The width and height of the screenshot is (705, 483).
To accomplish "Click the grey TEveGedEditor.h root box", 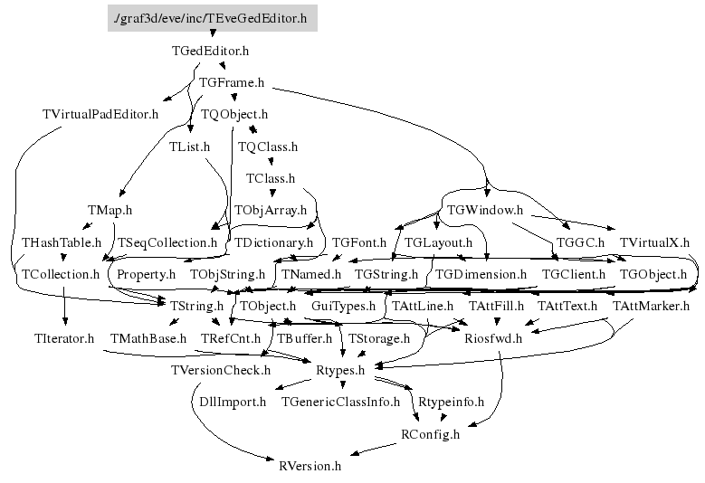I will point(212,17).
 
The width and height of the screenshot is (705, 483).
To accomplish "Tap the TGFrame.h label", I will point(231,82).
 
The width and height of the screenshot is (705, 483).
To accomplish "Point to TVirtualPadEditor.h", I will point(100,114).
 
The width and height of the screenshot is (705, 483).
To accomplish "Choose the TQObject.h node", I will point(234,114).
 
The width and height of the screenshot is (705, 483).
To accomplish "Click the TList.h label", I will point(189,146).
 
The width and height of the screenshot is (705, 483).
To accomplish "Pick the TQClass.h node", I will point(267,146).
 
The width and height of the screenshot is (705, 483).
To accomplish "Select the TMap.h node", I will point(110,210).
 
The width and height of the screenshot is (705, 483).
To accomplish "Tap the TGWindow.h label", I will point(485,210).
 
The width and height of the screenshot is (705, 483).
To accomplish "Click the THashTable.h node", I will point(56,242).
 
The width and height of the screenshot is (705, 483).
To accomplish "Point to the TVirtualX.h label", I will point(654,242).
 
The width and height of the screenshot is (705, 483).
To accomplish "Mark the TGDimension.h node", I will point(481,273).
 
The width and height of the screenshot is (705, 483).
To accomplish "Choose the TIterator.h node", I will point(63,338).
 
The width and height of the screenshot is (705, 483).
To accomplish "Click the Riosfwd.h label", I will point(493,338).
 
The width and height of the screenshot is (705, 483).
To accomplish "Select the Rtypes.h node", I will point(340,370).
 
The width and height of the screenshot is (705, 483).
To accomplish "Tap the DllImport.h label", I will point(233,401).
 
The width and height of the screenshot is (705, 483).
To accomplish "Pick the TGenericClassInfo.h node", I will point(340,401).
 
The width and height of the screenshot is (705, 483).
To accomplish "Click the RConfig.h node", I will point(430,433).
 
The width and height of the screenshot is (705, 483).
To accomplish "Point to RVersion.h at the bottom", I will point(310,466).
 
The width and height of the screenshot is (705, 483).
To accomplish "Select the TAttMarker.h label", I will point(651,306).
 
